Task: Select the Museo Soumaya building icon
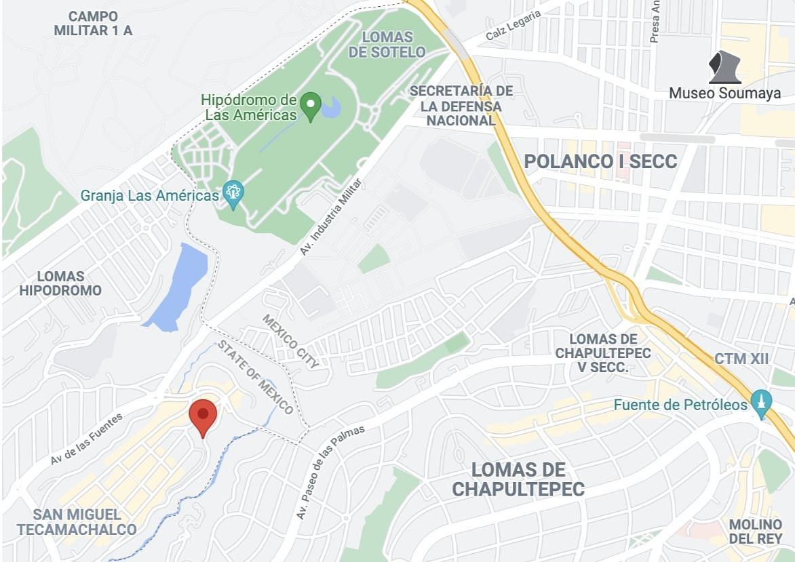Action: [x=724, y=68]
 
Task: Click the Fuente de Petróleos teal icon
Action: [x=761, y=405]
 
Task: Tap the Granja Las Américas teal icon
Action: [x=233, y=195]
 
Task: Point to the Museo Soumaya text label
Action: [x=724, y=94]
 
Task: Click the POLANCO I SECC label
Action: [x=600, y=161]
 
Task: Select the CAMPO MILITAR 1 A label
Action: [x=93, y=23]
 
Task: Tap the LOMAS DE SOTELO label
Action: [x=387, y=44]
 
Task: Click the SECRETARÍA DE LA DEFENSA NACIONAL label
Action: [x=461, y=106]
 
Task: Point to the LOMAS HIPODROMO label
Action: [x=60, y=283]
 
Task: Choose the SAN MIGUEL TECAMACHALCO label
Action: [x=77, y=522]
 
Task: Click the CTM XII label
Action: [x=741, y=359]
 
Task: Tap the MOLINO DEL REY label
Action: [x=756, y=531]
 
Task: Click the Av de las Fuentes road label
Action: [x=86, y=439]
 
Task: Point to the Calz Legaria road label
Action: [x=513, y=25]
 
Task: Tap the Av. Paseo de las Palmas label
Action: [x=331, y=473]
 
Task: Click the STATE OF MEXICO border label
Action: [x=255, y=378]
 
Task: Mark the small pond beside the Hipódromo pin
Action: [x=331, y=106]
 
